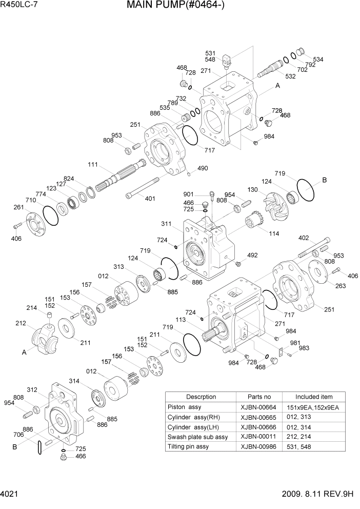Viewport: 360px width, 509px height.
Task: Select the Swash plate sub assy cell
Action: click(197, 437)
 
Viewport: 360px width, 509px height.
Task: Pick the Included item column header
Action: click(313, 397)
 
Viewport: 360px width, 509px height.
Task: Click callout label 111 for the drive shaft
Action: click(93, 165)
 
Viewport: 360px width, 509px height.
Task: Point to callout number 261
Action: click(18, 207)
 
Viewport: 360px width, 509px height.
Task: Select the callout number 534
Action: click(318, 60)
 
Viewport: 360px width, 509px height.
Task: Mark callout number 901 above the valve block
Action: click(188, 194)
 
